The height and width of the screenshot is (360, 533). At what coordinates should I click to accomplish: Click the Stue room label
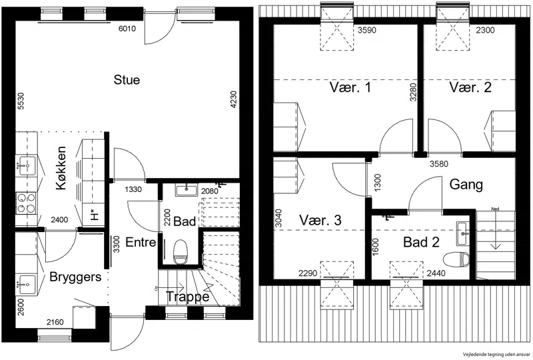point(127,80)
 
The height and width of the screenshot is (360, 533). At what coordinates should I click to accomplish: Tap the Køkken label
point(61,168)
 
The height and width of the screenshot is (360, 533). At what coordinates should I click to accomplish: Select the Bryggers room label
point(75,277)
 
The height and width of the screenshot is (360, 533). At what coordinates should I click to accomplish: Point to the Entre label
point(141,242)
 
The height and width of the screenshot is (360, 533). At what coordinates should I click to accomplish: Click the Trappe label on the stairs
point(187,297)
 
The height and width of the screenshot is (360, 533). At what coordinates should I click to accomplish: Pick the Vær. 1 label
point(350,87)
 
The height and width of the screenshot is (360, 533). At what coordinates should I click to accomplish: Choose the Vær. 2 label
point(470,87)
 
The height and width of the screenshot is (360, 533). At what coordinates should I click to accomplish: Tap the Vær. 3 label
point(320,220)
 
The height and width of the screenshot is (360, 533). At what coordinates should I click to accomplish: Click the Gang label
point(466,185)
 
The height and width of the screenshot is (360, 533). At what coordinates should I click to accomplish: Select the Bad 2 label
point(421,242)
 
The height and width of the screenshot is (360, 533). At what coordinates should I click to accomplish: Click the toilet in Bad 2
point(456,259)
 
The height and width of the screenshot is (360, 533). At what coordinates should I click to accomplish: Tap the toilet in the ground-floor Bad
point(180,252)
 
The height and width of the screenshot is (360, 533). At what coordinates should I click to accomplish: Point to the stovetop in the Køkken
point(26,203)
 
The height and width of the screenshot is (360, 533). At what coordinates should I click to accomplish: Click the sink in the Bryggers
point(26,284)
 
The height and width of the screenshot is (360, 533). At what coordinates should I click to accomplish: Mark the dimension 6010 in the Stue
point(127,29)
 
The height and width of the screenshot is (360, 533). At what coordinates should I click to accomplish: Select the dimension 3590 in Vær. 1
point(367,30)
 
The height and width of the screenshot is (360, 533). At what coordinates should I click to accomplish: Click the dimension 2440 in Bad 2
point(436,273)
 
